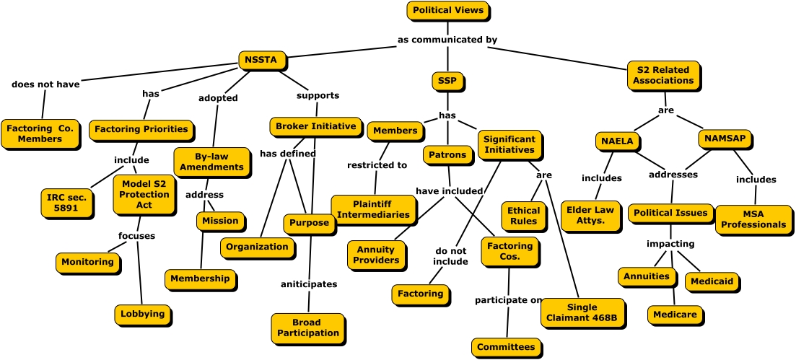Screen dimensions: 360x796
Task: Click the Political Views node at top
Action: [x=447, y=11]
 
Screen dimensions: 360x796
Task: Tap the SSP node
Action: [x=447, y=81]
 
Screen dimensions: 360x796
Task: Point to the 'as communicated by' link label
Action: [x=447, y=40]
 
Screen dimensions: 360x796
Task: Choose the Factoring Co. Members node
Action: [x=40, y=134]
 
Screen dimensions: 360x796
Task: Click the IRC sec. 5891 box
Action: [x=67, y=203]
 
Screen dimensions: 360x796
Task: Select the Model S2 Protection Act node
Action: [x=144, y=195]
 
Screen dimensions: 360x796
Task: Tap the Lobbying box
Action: [x=142, y=315]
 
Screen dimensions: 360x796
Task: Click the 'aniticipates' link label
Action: [x=309, y=284]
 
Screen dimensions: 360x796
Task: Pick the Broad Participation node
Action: [x=307, y=328]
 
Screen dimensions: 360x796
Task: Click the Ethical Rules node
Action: [x=523, y=216]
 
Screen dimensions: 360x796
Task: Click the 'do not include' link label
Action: [x=452, y=256]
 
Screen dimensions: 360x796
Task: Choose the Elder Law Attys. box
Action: [x=590, y=216]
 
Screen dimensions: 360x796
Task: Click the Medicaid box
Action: [x=711, y=281]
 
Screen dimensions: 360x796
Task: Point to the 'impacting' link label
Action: [x=670, y=244]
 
